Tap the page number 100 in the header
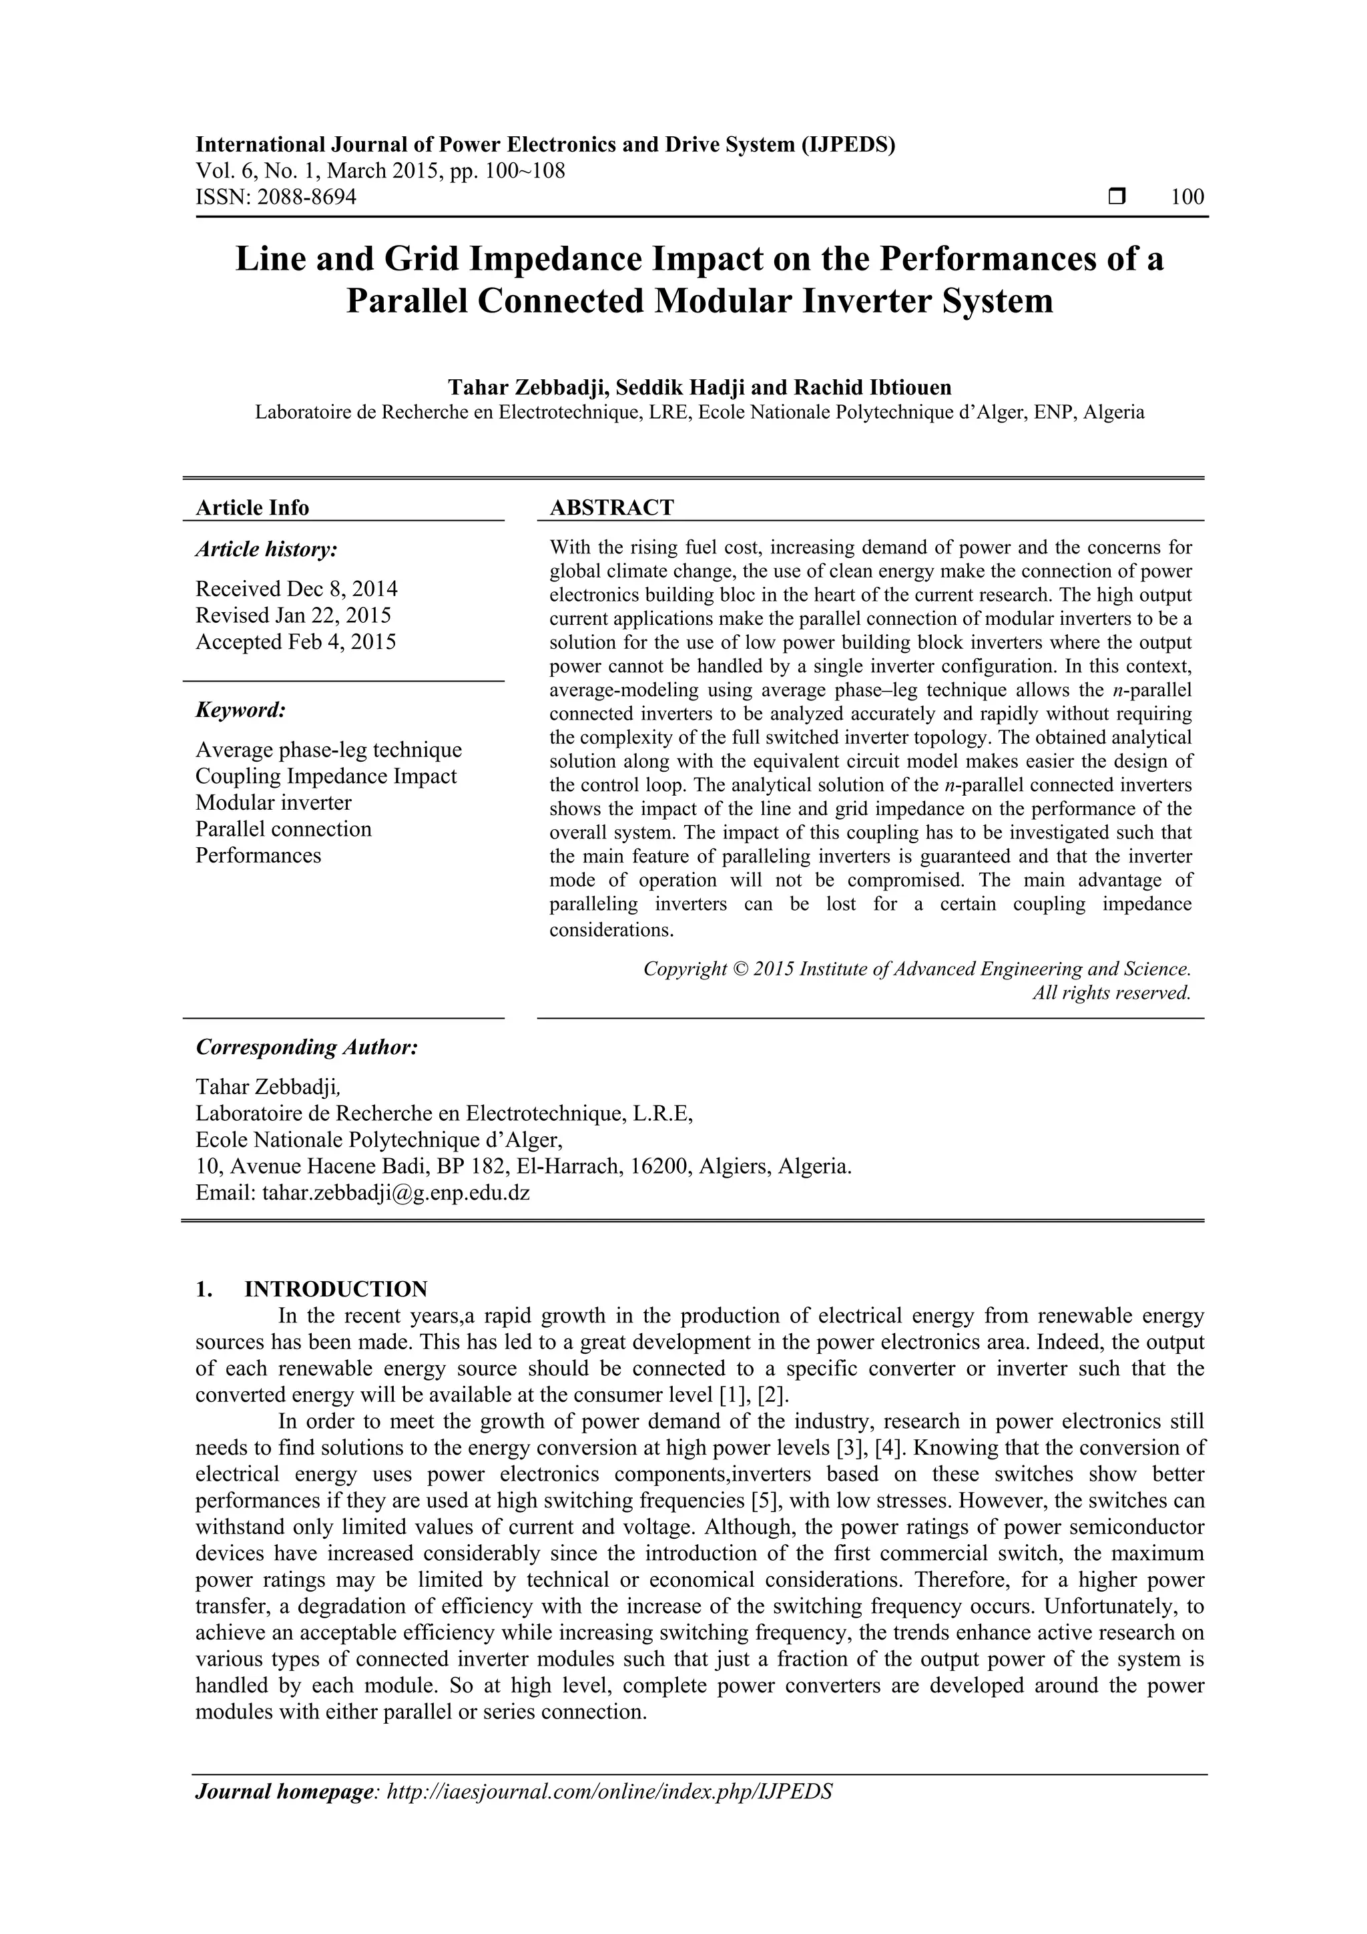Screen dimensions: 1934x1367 coord(1187,197)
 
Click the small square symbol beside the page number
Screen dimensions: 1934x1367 coord(1117,197)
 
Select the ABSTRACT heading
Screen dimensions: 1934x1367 coord(611,507)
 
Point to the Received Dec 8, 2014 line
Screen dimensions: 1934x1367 coord(296,588)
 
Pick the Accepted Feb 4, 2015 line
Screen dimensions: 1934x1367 coord(296,642)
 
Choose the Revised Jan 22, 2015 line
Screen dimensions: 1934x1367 coord(293,615)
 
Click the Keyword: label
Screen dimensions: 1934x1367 coord(241,710)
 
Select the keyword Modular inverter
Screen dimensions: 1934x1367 coord(274,802)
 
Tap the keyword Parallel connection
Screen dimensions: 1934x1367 coord(283,829)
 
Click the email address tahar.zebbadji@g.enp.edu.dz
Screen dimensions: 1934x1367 coord(396,1193)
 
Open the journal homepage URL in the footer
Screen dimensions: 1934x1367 coord(609,1815)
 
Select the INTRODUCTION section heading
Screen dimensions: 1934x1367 coord(335,1288)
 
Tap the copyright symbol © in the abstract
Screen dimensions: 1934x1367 coord(740,969)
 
